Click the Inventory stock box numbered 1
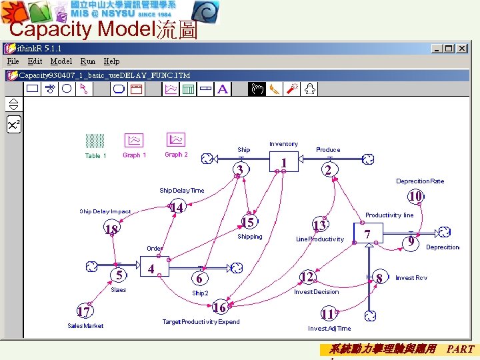click(x=284, y=161)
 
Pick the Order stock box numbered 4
click(x=154, y=267)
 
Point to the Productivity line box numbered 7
click(x=367, y=233)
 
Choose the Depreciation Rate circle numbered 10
click(x=415, y=196)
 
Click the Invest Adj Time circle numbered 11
click(x=327, y=313)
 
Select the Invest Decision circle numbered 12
click(x=307, y=276)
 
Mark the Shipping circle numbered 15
click(x=249, y=221)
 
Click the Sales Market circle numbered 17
click(x=83, y=311)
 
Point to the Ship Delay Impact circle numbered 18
click(x=111, y=229)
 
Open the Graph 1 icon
click(x=133, y=140)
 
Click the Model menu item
click(x=61, y=61)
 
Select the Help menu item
click(x=111, y=61)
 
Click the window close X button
click(x=465, y=49)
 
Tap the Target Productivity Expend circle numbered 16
click(x=219, y=307)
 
